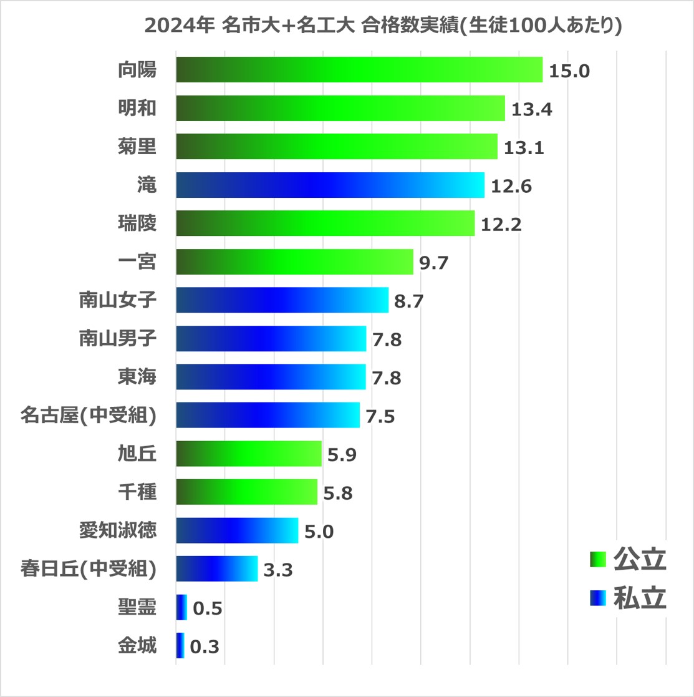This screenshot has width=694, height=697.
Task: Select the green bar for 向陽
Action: click(x=359, y=69)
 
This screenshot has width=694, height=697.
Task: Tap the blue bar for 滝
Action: click(x=330, y=185)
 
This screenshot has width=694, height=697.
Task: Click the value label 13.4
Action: click(x=532, y=110)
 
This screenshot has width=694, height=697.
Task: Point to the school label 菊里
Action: click(x=137, y=147)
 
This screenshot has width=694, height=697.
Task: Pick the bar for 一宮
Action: click(x=294, y=261)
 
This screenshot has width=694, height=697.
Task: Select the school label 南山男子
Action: click(x=118, y=339)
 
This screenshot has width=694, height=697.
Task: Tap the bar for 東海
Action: click(x=271, y=377)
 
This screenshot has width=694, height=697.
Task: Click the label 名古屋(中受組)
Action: click(x=87, y=416)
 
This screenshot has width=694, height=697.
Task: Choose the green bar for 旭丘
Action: click(x=248, y=454)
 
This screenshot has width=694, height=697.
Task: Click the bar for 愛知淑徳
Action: click(x=237, y=530)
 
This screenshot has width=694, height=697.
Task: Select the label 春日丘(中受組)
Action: click(x=87, y=569)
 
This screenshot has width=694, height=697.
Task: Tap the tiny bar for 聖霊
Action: click(x=181, y=607)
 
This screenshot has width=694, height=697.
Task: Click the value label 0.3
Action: click(x=205, y=648)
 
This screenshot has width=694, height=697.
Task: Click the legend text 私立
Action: click(x=640, y=598)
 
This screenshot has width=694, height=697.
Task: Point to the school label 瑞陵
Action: click(x=137, y=223)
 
